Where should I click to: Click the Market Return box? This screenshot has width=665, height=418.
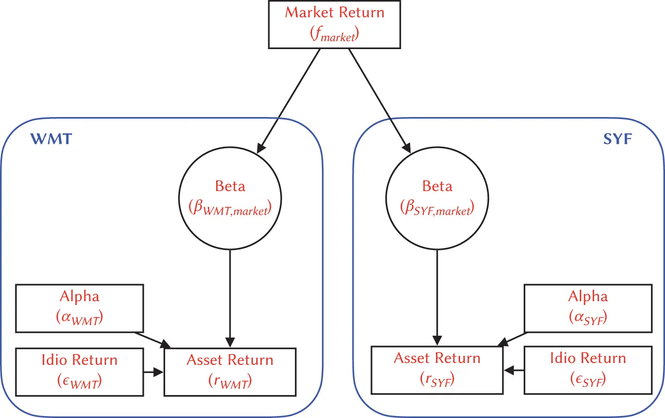click(334, 23)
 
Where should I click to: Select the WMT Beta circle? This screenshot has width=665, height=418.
click(230, 198)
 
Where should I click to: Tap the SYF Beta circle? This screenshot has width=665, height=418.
click(437, 198)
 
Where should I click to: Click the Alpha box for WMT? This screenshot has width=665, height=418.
click(79, 308)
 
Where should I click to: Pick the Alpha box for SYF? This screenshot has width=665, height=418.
click(588, 308)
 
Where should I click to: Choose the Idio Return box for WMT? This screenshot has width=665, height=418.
click(79, 371)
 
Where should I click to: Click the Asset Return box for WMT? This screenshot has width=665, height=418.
click(230, 371)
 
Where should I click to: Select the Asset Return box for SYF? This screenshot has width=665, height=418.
click(437, 370)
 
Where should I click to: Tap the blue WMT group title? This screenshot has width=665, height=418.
click(52, 139)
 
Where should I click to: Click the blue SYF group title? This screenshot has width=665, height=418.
click(617, 139)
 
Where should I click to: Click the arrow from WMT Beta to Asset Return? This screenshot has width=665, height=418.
click(230, 298)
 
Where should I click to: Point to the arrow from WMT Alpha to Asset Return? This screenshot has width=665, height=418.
click(154, 339)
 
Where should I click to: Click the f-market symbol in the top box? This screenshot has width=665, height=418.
click(334, 35)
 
